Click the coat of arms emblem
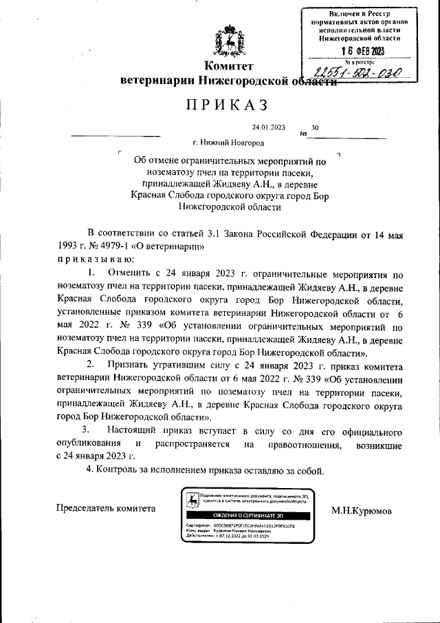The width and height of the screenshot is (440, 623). click(x=228, y=41)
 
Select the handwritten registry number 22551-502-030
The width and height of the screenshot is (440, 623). click(x=357, y=74)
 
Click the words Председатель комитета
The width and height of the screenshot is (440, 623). click(x=105, y=508)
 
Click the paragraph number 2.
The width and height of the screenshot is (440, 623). click(x=90, y=363)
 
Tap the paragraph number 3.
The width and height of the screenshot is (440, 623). click(x=86, y=430)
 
